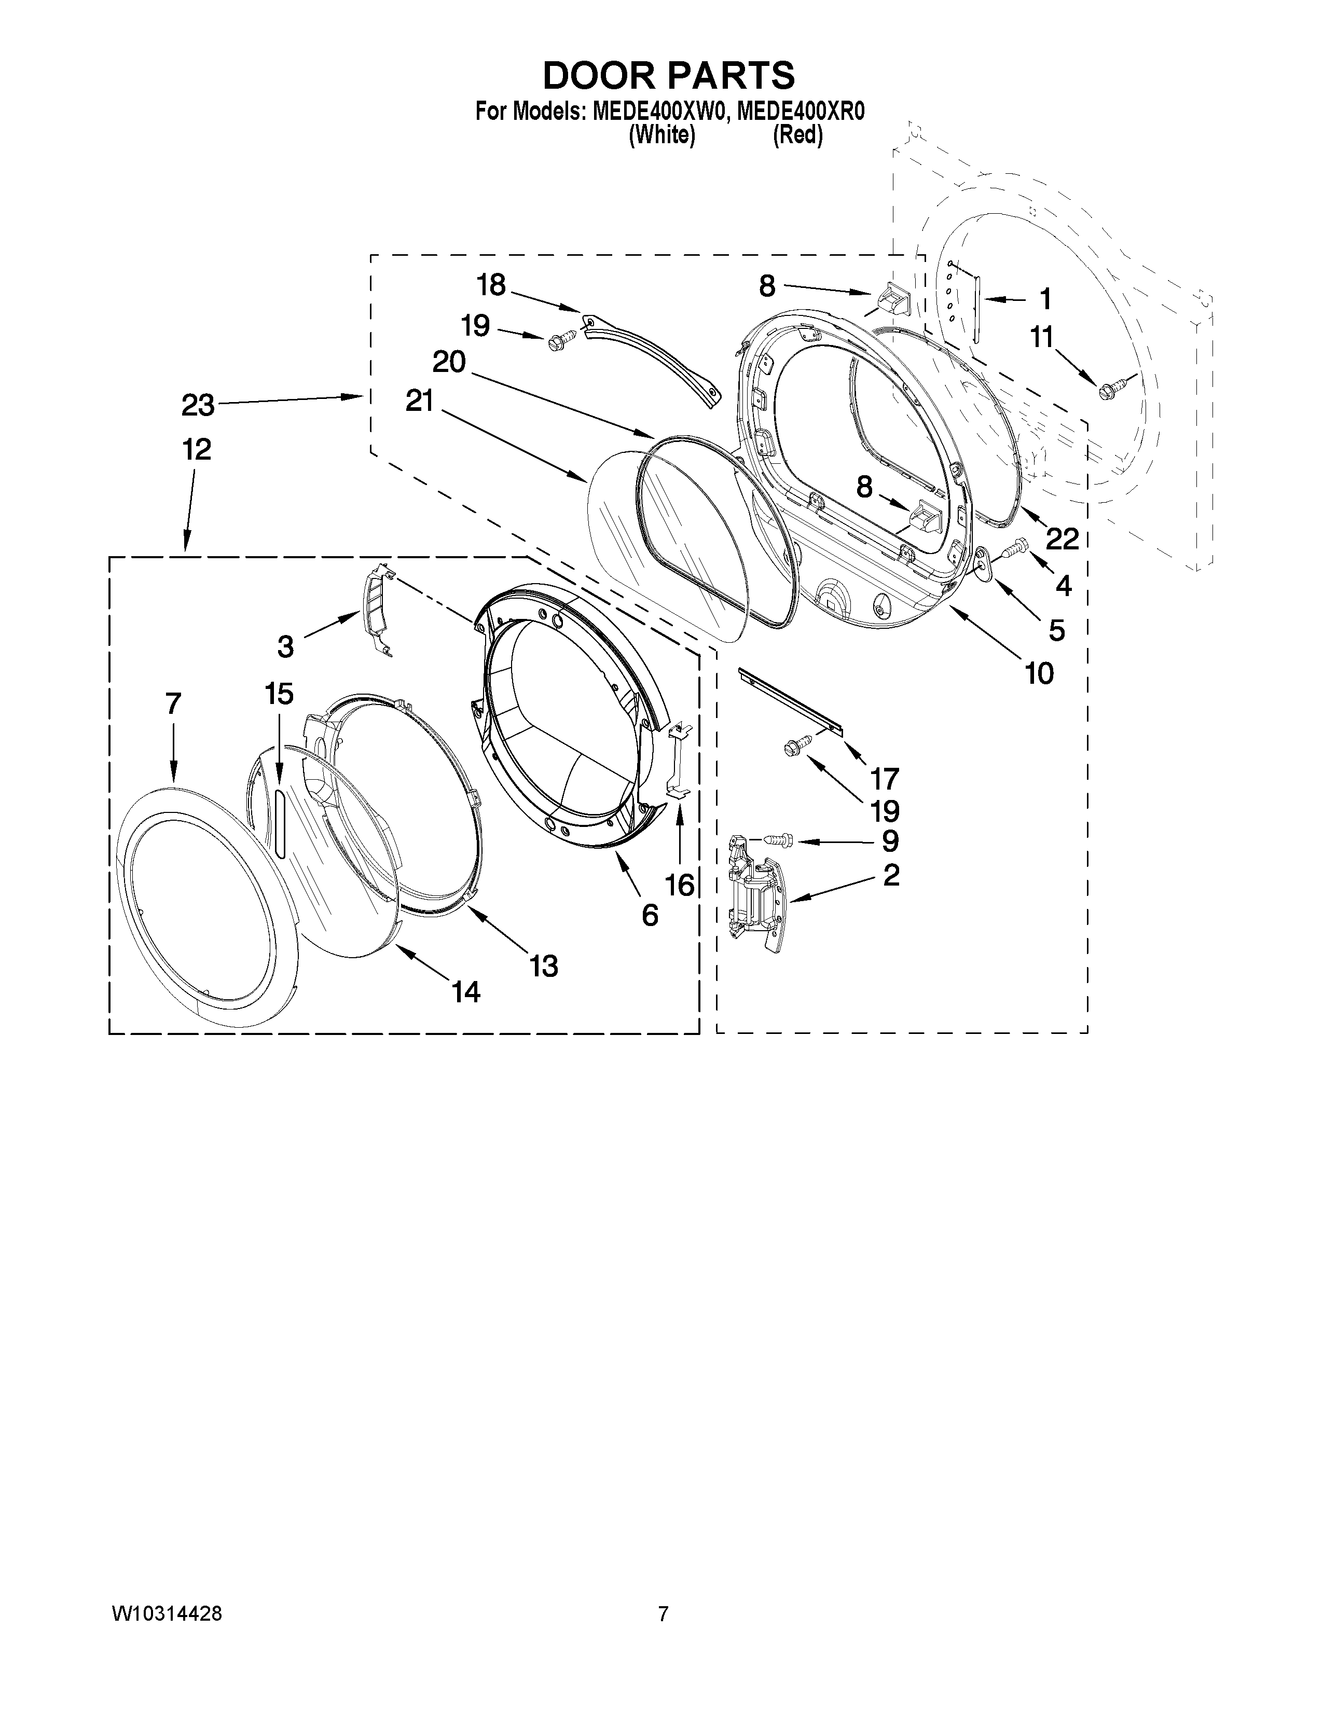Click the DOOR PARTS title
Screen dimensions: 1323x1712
[669, 76]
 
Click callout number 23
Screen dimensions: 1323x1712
[198, 405]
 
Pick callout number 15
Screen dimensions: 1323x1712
[279, 694]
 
